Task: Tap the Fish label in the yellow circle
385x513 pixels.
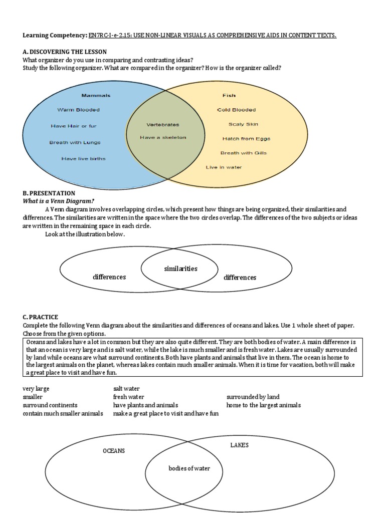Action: click(x=229, y=95)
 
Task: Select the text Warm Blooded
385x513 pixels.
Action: click(x=78, y=110)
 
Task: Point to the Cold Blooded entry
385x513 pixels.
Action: click(x=236, y=110)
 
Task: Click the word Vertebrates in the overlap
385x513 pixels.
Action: click(x=162, y=124)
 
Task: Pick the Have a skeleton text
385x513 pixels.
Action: click(x=163, y=137)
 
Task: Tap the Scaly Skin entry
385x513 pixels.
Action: click(x=243, y=124)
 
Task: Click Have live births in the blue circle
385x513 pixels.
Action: click(x=83, y=159)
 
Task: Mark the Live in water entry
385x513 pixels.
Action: click(x=224, y=167)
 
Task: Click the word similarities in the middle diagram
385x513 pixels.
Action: click(x=180, y=269)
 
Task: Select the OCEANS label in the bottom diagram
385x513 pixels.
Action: click(x=114, y=451)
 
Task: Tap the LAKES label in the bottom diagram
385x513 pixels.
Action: click(x=239, y=445)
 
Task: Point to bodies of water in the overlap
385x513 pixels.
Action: click(x=189, y=468)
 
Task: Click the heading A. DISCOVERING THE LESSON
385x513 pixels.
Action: click(x=65, y=52)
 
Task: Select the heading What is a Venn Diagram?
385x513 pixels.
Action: click(x=52, y=201)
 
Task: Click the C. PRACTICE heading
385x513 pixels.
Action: click(x=40, y=317)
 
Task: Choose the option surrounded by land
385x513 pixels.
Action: click(x=253, y=397)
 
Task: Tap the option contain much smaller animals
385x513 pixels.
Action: click(x=63, y=414)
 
